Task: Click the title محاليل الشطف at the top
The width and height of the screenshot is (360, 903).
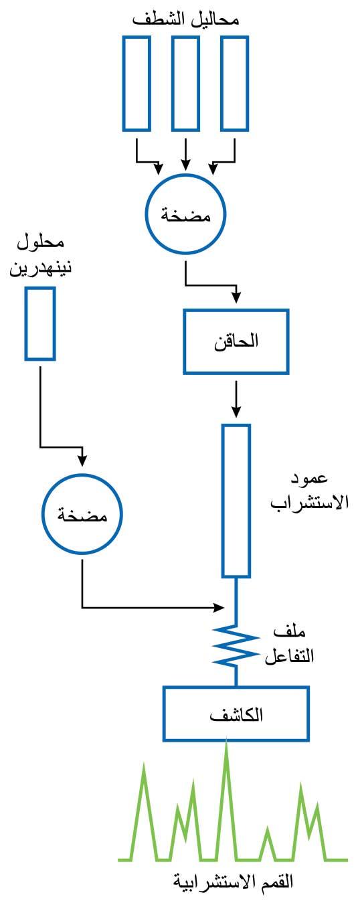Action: pyautogui.click(x=186, y=19)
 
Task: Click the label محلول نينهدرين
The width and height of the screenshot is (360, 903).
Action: pyautogui.click(x=40, y=256)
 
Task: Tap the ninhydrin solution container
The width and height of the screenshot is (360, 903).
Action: pyautogui.click(x=27, y=323)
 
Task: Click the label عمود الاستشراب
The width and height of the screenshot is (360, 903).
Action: pyautogui.click(x=310, y=491)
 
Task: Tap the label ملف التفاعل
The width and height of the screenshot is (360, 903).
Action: pyautogui.click(x=289, y=645)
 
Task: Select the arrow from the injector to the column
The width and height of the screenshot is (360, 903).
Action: pyautogui.click(x=236, y=399)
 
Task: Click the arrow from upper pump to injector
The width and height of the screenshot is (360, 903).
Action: pyautogui.click(x=210, y=285)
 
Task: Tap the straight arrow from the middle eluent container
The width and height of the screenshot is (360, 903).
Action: pyautogui.click(x=185, y=155)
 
